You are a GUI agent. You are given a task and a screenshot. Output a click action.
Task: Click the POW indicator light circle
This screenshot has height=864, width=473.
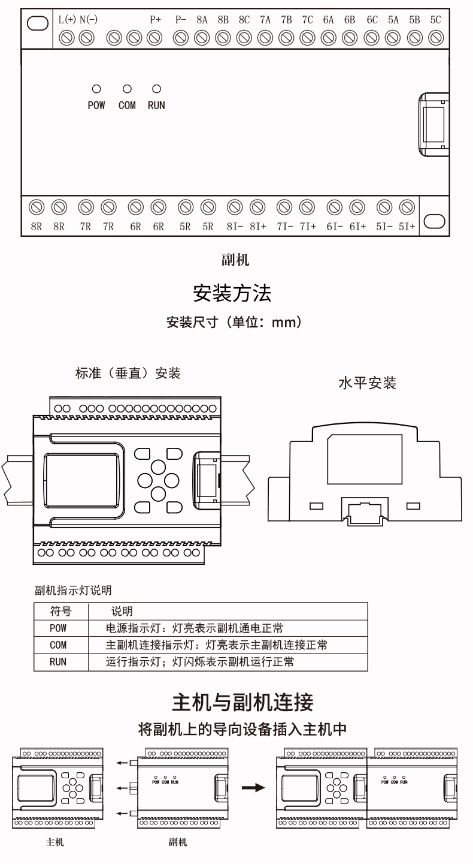[96, 89]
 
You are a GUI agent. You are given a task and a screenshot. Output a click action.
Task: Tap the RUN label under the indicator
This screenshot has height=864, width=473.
[156, 106]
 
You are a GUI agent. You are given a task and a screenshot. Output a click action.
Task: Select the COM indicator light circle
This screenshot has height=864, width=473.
[127, 89]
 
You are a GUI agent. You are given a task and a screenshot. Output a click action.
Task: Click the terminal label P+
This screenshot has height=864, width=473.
[156, 20]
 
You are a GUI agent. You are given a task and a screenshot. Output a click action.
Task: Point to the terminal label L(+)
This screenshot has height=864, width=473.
[66, 20]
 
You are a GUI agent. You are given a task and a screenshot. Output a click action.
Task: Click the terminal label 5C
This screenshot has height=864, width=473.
[435, 20]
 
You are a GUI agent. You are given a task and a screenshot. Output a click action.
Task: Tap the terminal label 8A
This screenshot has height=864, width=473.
[202, 20]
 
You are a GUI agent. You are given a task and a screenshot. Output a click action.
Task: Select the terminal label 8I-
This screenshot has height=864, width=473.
[235, 227]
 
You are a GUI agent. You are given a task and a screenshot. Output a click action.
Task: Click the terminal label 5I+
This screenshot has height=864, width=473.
[407, 227]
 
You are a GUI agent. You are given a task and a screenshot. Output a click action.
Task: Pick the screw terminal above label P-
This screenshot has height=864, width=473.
[180, 38]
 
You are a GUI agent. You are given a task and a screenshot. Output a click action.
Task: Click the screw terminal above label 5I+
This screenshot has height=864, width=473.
[407, 207]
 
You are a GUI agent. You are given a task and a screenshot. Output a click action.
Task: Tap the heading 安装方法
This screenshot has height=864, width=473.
[232, 293]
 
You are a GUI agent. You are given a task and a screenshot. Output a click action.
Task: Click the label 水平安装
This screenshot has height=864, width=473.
[368, 383]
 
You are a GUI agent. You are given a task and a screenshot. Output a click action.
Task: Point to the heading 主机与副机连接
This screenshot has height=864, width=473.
[242, 701]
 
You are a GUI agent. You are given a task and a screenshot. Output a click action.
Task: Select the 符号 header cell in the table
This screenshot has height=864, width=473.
[61, 612]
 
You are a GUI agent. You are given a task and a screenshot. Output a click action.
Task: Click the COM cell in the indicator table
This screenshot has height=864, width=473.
[59, 645]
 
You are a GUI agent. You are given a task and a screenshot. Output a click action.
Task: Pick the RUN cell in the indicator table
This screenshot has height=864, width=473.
[59, 662]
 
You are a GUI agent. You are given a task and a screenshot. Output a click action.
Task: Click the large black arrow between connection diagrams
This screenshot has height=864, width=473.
[257, 787]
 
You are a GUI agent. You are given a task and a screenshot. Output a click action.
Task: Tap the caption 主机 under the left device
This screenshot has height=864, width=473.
[55, 842]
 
